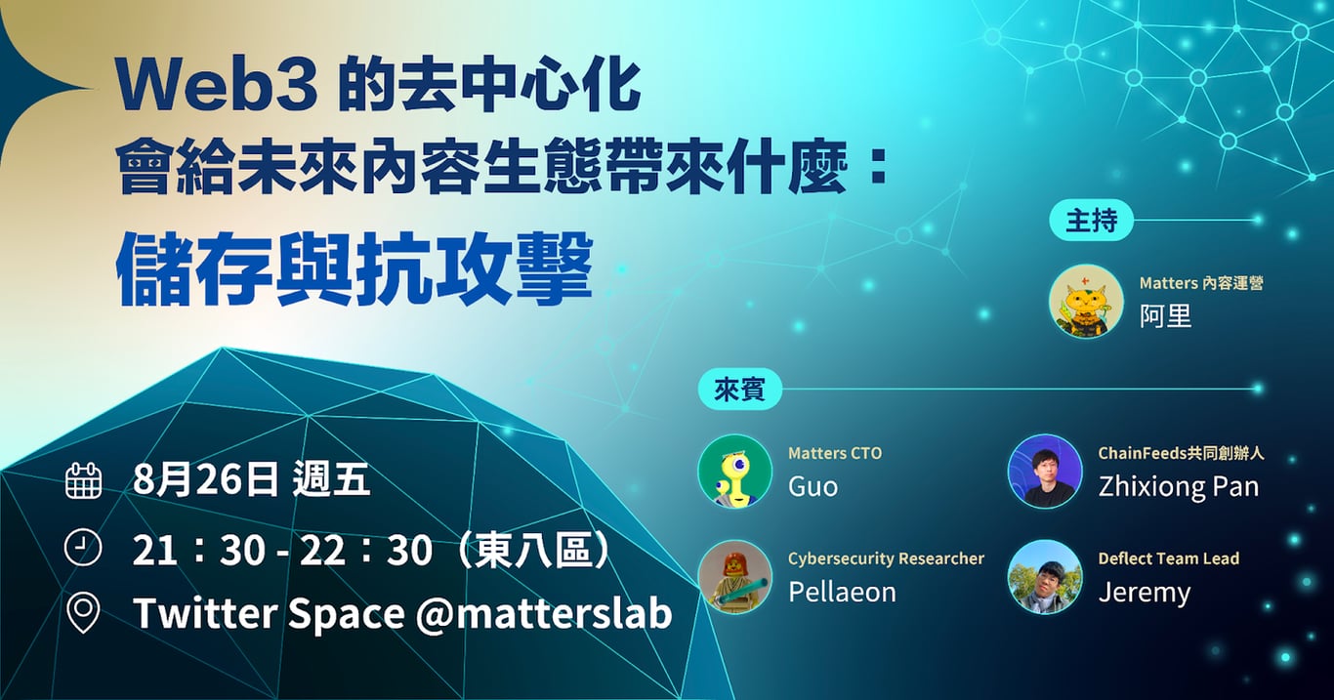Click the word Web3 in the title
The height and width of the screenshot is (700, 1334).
click(218, 88)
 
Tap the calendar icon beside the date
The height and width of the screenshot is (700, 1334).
click(83, 480)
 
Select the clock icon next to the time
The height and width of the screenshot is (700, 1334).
click(83, 547)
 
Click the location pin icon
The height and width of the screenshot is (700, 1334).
click(83, 614)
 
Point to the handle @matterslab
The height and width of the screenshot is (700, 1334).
click(544, 612)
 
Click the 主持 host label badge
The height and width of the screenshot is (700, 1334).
click(1091, 221)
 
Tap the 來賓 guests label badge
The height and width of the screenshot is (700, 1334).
click(739, 390)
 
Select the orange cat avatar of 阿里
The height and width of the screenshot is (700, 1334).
click(1086, 302)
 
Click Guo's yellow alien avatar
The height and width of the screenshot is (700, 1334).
click(735, 471)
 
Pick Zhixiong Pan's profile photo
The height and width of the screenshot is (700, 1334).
click(1045, 471)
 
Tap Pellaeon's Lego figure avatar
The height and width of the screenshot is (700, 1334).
click(735, 577)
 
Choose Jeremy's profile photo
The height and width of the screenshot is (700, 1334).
click(1045, 577)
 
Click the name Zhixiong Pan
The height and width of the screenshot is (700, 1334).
click(1179, 486)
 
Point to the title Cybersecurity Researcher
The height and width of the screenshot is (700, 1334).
click(886, 558)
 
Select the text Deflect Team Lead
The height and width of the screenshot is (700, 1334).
click(1169, 558)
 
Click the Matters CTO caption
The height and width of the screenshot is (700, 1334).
click(835, 453)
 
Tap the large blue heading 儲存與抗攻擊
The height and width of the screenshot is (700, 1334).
click(354, 269)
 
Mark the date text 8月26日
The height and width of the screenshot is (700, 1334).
click(206, 479)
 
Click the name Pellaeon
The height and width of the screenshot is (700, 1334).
click(842, 592)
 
